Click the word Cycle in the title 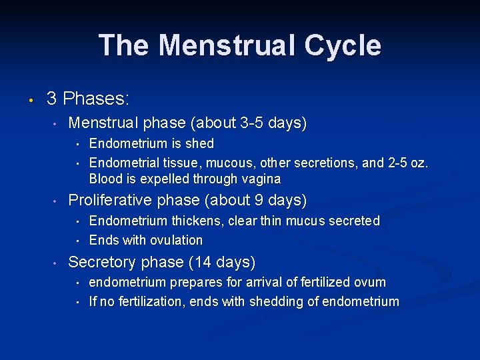(x=343, y=46)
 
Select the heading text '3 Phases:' (x=88, y=99)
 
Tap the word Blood (x=105, y=179)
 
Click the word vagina (x=261, y=179)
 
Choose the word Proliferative (x=110, y=201)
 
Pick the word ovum (x=370, y=282)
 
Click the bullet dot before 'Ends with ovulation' (x=78, y=241)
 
